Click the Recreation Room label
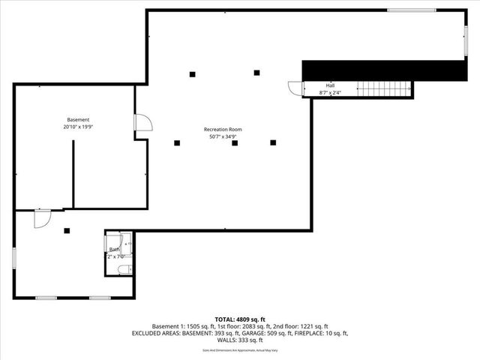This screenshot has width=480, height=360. coord(223,130)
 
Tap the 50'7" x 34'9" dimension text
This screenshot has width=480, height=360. coord(223,137)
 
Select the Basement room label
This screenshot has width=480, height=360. coord(78,120)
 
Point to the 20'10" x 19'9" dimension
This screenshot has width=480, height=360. coord(78,127)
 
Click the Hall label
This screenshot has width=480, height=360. coord(330,85)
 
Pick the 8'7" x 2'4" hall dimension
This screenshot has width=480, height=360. coord(330,92)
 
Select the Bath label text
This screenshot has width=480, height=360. coord(114,249)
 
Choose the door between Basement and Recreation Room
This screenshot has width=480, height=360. coord(142,123)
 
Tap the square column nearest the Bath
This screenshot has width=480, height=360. coord(67,231)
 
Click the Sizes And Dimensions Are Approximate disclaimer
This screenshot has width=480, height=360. coord(240,350)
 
